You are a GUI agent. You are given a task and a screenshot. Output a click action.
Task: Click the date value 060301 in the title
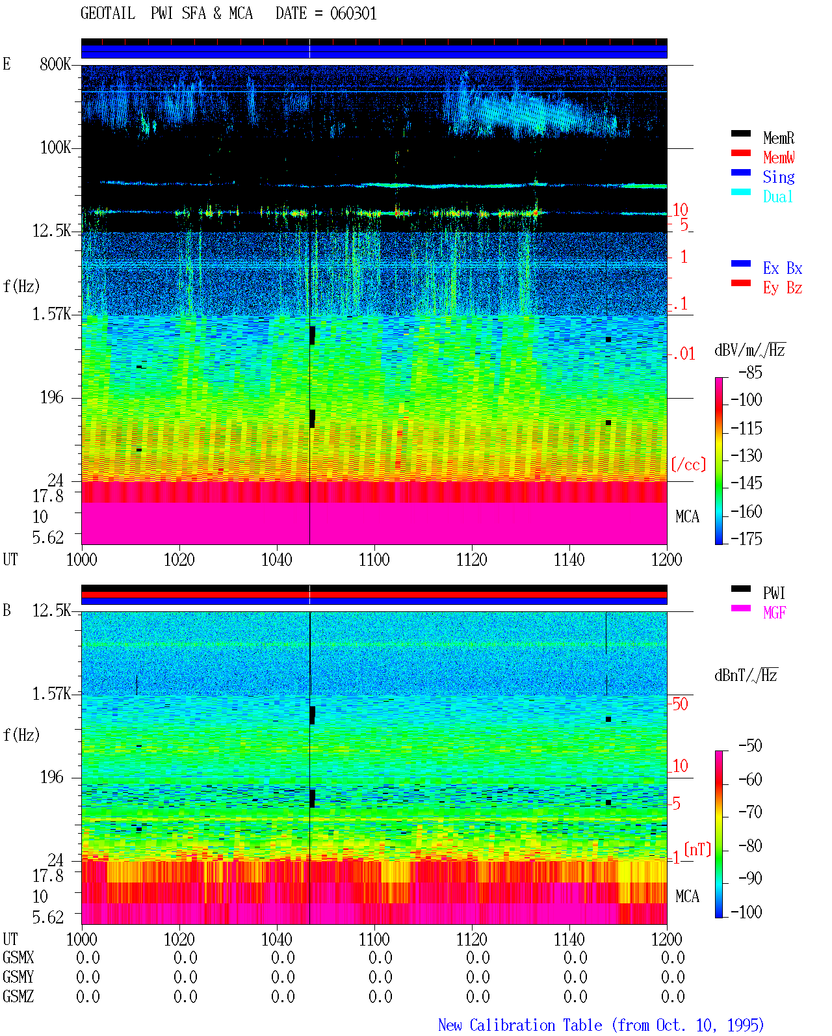353,14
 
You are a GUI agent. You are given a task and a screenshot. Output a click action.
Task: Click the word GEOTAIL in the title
108,14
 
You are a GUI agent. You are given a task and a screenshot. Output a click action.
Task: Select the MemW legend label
779,157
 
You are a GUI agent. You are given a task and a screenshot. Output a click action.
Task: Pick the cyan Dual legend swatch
740,192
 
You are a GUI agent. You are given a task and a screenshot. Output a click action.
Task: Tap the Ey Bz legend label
783,288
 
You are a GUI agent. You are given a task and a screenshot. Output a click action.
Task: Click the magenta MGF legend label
774,613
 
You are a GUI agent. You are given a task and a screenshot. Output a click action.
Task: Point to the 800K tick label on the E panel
55,64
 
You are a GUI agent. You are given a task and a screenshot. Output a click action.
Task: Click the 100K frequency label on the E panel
55,148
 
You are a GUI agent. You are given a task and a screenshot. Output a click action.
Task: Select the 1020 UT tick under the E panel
179,560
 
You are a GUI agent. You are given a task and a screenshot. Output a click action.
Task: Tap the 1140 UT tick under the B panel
569,939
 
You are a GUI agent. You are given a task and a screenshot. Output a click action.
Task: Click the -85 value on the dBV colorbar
750,373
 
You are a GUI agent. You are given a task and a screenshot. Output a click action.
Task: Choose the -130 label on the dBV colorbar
746,455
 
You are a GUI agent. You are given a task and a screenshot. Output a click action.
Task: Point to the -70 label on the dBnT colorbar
750,812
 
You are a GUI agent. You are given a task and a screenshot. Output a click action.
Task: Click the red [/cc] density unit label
688,464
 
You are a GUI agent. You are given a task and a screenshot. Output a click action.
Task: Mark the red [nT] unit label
697,849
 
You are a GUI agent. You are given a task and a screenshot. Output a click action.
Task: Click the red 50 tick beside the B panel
680,704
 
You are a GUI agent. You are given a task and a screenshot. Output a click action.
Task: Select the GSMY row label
18,977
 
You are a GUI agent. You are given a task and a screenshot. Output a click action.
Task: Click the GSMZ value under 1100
380,996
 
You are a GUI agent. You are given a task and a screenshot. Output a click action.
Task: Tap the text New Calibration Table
520,1026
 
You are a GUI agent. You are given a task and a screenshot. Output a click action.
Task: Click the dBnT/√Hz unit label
746,676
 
